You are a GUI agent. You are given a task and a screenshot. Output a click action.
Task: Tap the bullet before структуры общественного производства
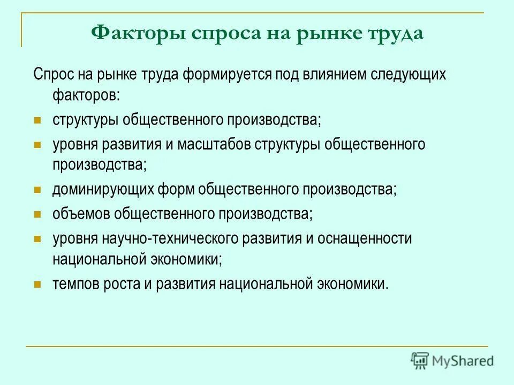tap(37, 119)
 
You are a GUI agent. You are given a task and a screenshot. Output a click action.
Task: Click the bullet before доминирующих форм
tap(37, 190)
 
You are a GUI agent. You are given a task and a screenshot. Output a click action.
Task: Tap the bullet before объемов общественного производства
tap(37, 214)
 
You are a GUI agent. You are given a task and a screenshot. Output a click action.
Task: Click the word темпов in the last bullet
tap(74, 283)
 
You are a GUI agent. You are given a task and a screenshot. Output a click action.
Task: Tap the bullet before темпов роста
tap(37, 284)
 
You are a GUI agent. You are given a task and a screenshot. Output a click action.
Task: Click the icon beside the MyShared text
tap(420, 360)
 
